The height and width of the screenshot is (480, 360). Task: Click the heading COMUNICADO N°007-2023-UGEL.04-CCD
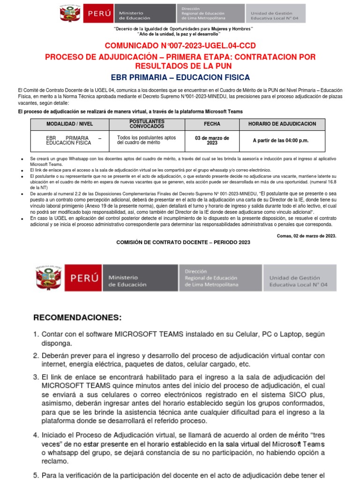coord(180,45)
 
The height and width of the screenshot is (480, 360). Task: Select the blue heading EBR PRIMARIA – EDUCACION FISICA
coord(180,77)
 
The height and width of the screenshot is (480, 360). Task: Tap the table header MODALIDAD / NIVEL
coord(70,124)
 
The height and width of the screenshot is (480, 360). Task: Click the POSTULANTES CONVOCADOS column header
coord(147,124)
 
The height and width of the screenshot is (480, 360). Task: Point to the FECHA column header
coord(211,124)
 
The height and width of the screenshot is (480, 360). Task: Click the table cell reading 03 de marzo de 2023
coord(211,140)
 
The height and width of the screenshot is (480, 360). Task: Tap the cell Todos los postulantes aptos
coord(147,138)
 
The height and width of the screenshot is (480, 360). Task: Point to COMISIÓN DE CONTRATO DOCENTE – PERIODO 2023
coord(183,242)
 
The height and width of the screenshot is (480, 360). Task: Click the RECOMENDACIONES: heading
coord(77,317)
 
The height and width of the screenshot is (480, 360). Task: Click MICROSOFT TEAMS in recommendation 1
coord(149,335)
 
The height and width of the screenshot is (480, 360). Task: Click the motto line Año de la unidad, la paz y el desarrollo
coord(179,34)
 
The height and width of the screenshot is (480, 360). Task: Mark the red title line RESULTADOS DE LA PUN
coord(180,66)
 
